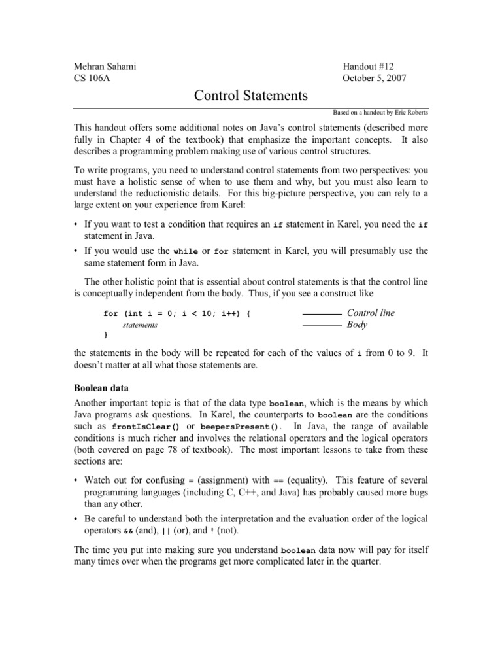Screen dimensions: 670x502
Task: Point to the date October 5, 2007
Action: point(376,79)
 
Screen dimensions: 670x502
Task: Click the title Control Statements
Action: point(251,96)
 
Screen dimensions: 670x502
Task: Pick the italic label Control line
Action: point(371,313)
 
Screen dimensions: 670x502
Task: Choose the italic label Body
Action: point(358,325)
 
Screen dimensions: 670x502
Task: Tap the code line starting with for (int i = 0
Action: point(177,314)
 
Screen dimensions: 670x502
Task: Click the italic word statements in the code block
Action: point(141,325)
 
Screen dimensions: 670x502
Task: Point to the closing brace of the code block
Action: point(106,334)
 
